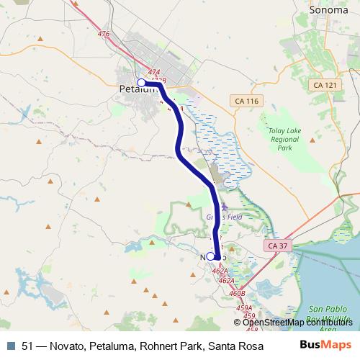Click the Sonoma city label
tap(328, 11)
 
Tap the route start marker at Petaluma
tap(142, 83)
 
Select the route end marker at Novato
tap(211, 256)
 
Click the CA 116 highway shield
tap(246, 102)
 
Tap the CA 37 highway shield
tap(277, 246)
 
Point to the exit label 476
tap(103, 34)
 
